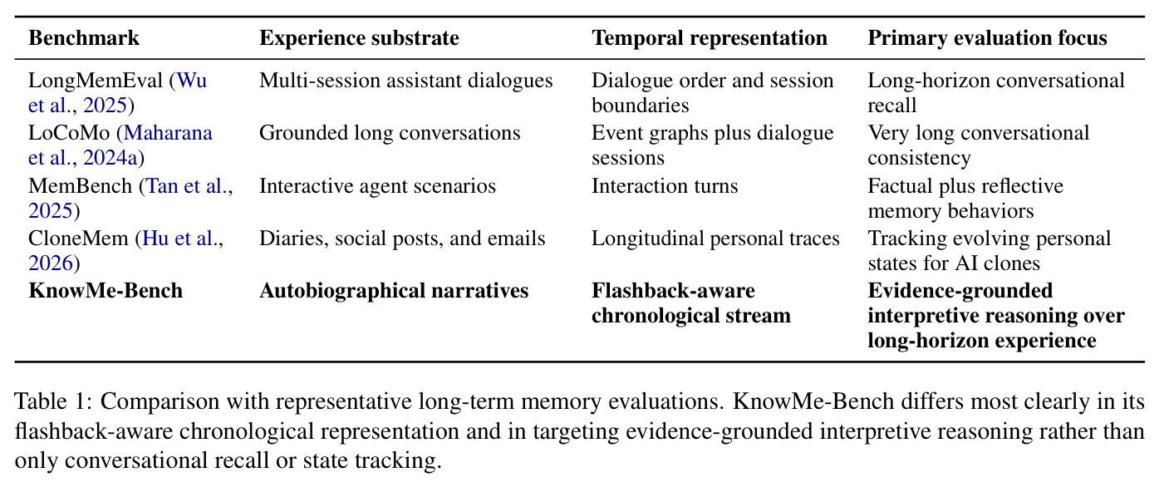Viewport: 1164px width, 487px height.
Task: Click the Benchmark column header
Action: coord(84,38)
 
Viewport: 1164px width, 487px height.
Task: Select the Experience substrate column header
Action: coord(359,38)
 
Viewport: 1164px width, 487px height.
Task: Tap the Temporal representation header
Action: coord(710,38)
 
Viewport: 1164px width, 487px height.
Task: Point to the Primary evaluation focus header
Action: coord(987,38)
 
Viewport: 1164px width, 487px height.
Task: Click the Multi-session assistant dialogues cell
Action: coord(405,81)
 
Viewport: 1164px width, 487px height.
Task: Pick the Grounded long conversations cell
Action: coord(390,133)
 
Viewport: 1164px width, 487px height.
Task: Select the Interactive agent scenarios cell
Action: coord(378,186)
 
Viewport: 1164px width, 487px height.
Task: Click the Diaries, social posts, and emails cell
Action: coord(402,239)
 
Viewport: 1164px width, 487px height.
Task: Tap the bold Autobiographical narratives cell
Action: coord(394,291)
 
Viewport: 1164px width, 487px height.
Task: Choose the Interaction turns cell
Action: coord(665,186)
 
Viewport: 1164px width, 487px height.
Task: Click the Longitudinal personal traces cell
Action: coord(715,239)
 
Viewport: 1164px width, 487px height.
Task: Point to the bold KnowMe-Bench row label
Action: coord(106,291)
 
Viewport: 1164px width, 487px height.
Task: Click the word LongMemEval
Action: coord(96,81)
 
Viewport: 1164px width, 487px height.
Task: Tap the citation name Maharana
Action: coord(168,133)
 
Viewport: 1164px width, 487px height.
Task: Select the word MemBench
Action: coord(80,186)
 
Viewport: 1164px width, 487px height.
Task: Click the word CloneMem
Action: coord(78,239)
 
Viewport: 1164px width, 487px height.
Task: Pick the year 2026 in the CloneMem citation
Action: coord(51,263)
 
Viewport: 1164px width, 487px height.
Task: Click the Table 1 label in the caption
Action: coord(53,401)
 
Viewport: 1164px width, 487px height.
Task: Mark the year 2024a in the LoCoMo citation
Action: coord(111,158)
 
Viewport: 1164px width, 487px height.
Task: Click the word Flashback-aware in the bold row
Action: coord(673,291)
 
